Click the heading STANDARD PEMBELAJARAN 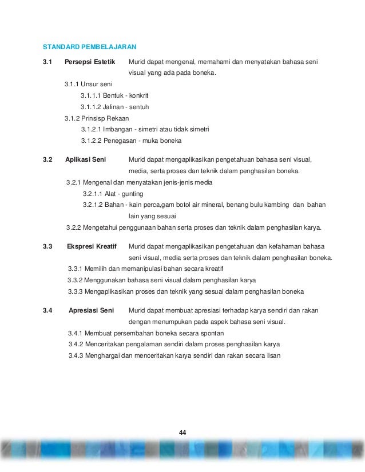point(90,46)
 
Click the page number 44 point(182,431)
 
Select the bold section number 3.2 point(47,160)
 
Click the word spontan point(212,333)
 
